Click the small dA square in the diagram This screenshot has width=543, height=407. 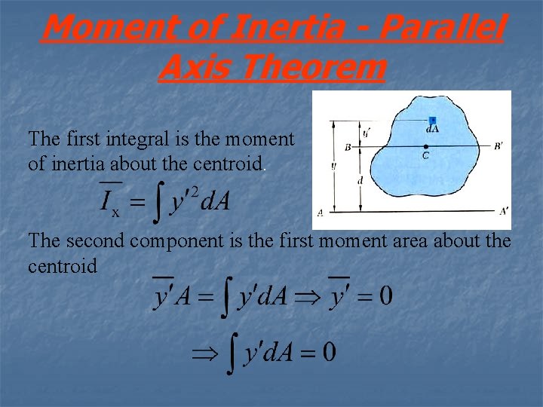[433, 121]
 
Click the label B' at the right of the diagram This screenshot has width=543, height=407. [499, 147]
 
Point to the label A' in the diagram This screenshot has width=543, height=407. [503, 212]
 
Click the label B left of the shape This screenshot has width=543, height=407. [347, 148]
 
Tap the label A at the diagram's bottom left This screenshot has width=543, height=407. [321, 213]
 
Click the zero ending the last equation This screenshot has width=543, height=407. [328, 350]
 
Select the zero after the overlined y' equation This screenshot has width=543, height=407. [384, 296]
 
